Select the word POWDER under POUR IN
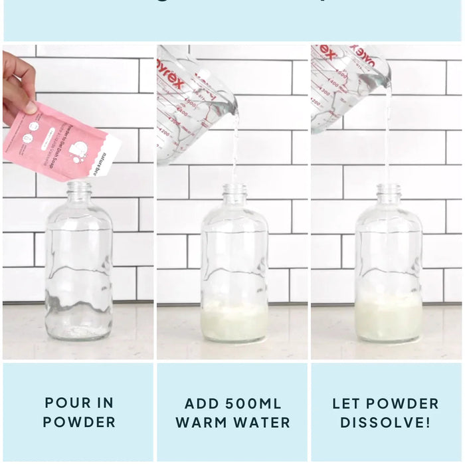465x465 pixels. click(79, 422)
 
